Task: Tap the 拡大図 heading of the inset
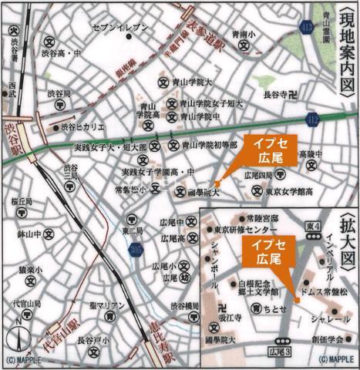[348, 236]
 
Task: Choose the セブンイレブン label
[119, 28]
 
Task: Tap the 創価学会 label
[326, 338]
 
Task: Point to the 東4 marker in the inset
[311, 225]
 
